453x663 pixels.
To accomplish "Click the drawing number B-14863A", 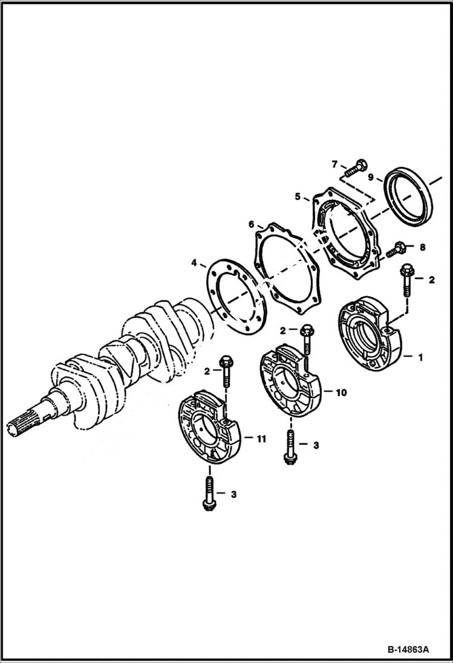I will [x=408, y=650].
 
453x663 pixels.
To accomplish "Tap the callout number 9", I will [x=371, y=178].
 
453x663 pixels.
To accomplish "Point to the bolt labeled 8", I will [x=398, y=247].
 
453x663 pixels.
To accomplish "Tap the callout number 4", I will [x=194, y=263].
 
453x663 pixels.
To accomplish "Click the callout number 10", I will [x=341, y=392].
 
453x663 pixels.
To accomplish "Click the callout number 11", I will [x=261, y=439].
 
